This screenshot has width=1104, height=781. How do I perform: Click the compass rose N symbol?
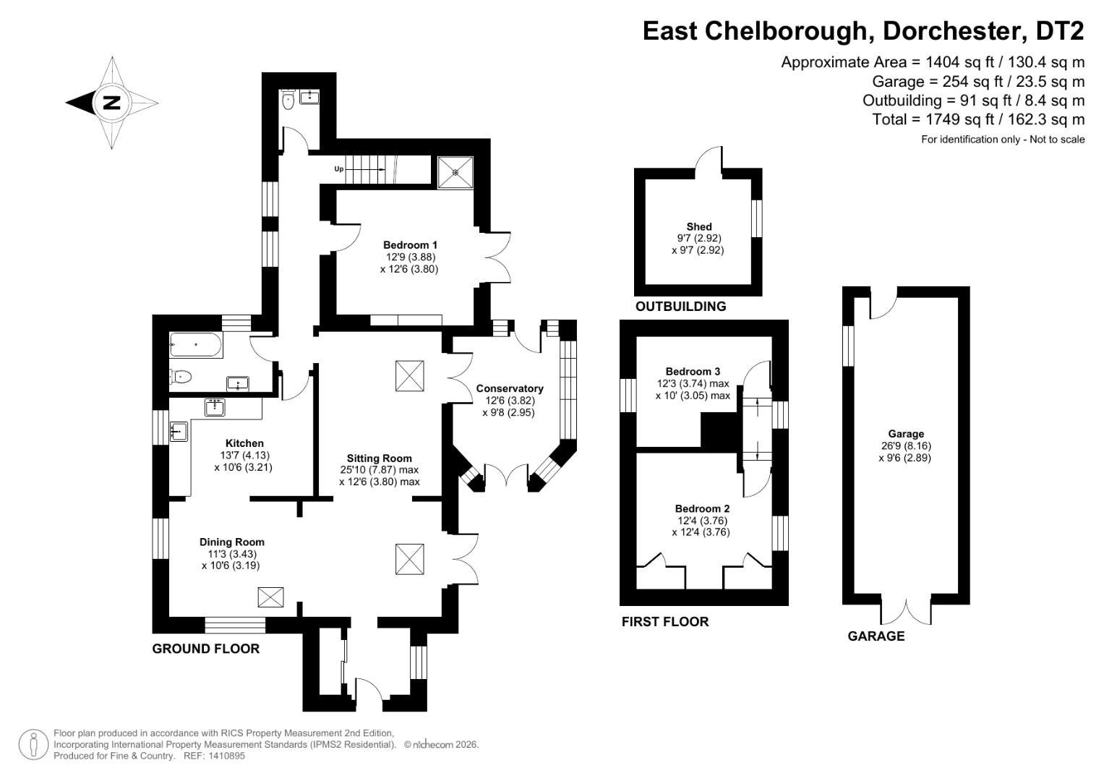click(112, 103)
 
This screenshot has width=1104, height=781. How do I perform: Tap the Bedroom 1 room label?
click(410, 245)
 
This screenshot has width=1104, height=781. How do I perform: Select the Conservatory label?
click(509, 388)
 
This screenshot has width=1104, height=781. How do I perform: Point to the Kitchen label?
click(244, 443)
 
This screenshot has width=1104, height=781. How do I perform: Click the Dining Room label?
click(232, 542)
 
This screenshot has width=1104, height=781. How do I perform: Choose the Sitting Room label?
click(379, 458)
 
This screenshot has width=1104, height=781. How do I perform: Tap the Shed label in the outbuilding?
click(699, 226)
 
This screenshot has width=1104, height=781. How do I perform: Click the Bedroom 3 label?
click(693, 372)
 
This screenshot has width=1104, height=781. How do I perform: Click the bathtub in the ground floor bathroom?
click(196, 346)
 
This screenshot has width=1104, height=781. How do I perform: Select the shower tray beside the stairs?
click(455, 172)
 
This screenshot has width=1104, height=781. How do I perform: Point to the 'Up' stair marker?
click(338, 169)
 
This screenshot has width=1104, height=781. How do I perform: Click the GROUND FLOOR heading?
click(205, 649)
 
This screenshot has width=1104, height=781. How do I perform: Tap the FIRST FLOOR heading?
click(665, 621)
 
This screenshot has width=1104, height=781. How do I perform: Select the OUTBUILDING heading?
click(680, 307)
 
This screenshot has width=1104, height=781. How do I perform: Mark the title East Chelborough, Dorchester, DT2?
click(863, 31)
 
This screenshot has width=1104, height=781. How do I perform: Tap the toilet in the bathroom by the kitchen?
click(181, 376)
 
